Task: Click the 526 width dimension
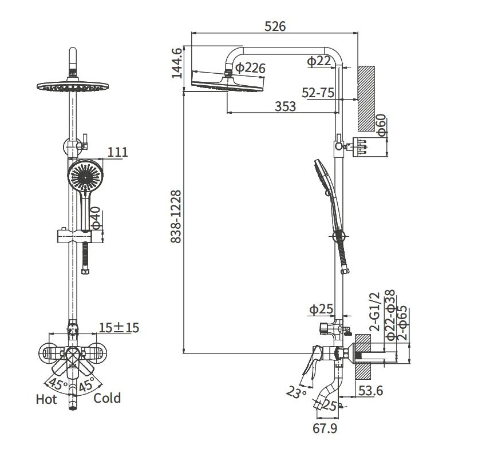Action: pos(275,26)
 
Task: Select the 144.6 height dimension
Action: pos(177,63)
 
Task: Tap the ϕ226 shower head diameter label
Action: pos(250,67)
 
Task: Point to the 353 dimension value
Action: pos(285,106)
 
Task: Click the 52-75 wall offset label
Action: pos(318,93)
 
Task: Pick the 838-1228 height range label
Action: pos(176,217)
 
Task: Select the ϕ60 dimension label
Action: pos(382,125)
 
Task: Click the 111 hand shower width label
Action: pos(118,152)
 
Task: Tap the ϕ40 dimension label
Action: pos(96,217)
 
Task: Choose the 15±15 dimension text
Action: pos(119,328)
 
